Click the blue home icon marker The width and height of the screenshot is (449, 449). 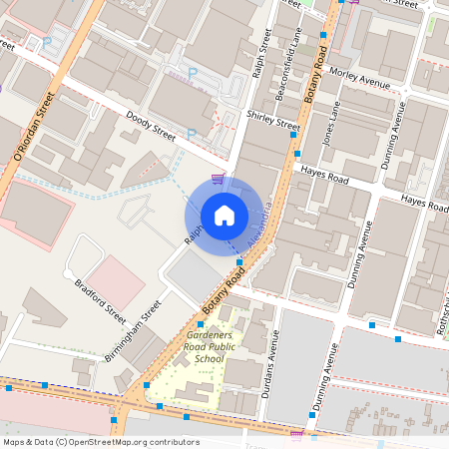[x=224, y=216]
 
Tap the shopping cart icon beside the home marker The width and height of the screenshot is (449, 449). [x=217, y=179]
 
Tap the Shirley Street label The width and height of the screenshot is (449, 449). [x=272, y=121]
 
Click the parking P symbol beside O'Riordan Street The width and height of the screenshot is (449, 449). [x=47, y=43]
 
